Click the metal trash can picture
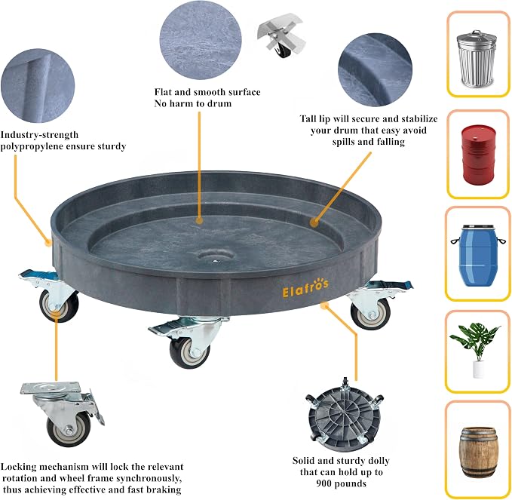(477, 59)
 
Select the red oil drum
(479, 155)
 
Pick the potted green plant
(475, 349)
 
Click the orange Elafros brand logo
(305, 288)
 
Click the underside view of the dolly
(345, 415)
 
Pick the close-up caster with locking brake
(62, 414)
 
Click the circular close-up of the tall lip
(375, 69)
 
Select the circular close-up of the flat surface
(201, 40)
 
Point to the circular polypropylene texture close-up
(38, 85)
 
